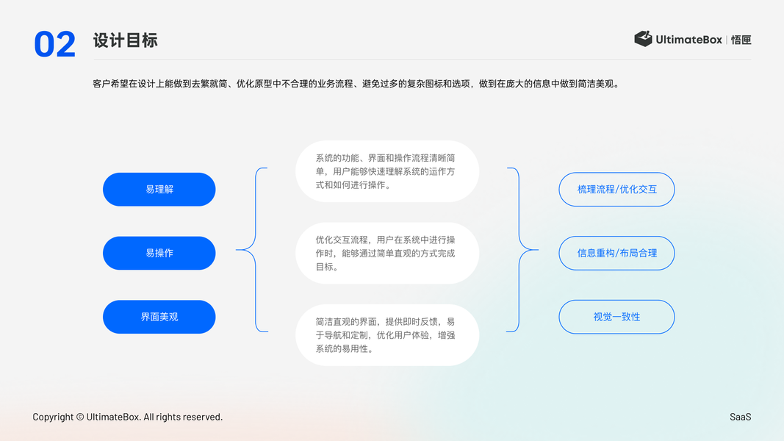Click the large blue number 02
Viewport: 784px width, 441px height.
coord(54,44)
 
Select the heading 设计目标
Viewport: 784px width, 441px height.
coord(125,40)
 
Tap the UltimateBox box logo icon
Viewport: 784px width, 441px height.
coord(643,39)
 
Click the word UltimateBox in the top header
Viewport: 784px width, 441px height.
coord(688,40)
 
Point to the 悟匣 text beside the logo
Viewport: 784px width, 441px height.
coord(741,40)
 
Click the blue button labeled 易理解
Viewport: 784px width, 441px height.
coord(159,190)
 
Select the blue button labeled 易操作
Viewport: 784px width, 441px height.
coord(159,253)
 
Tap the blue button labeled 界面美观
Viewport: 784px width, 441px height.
coord(159,317)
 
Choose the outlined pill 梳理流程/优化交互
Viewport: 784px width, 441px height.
coord(616,190)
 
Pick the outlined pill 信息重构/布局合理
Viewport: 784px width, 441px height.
coord(616,253)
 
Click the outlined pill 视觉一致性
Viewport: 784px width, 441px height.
coord(616,317)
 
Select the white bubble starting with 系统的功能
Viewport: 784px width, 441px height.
coord(386,171)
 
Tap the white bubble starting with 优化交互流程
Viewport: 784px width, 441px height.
coord(386,253)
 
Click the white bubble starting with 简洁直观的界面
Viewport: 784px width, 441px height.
coord(386,335)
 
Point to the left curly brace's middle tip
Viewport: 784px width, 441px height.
coord(237,250)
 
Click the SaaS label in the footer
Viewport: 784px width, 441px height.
coord(740,417)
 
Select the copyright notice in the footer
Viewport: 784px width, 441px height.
coord(127,417)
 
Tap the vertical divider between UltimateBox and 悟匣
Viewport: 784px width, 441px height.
coord(727,40)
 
